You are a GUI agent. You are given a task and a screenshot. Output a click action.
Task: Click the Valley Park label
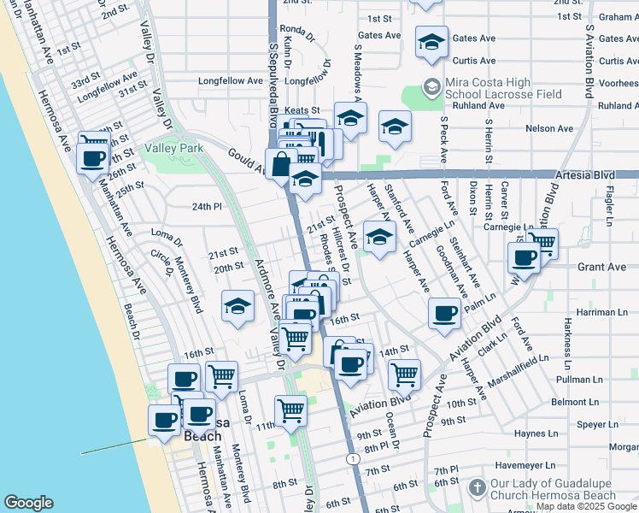tap(173, 148)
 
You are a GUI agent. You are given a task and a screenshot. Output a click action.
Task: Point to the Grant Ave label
tap(601, 267)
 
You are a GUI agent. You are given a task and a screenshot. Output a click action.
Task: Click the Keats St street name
tap(302, 110)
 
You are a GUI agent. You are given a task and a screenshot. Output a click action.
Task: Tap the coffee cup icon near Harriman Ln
tap(443, 314)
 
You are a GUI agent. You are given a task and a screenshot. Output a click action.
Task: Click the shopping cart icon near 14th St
tap(404, 374)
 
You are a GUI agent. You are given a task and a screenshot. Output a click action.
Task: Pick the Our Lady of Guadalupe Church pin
tap(478, 486)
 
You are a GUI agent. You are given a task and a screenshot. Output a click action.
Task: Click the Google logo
tap(28, 503)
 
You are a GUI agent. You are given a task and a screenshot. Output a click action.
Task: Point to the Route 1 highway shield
tap(353, 459)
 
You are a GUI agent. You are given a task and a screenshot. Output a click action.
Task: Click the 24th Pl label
tap(207, 207)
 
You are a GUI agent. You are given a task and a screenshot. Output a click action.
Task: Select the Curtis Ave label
tap(474, 61)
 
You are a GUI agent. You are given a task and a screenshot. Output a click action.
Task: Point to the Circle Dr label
tap(161, 256)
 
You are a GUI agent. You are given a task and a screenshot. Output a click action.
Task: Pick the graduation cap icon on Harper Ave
tap(379, 238)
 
